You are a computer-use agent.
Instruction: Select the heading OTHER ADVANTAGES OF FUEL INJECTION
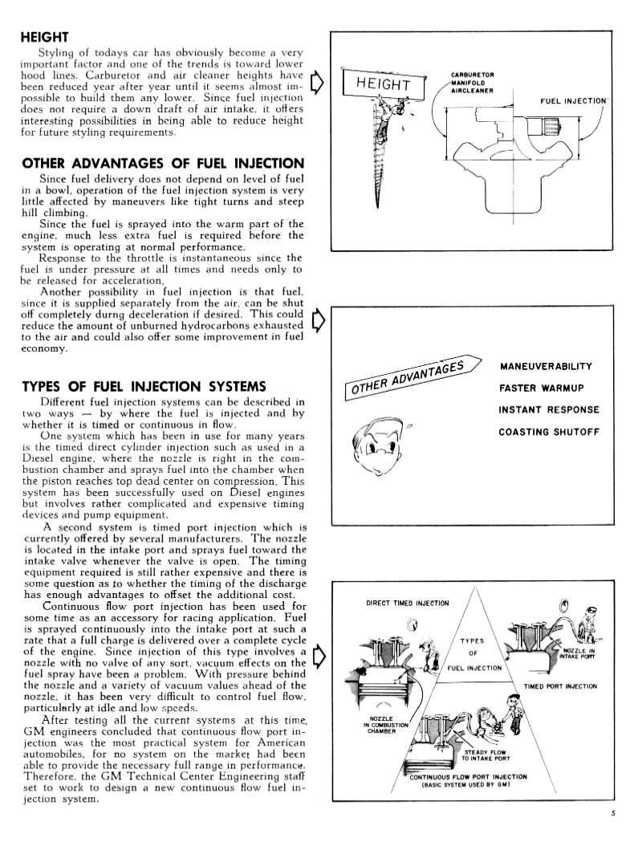(x=162, y=164)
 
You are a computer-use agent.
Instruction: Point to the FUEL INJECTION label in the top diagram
(x=571, y=101)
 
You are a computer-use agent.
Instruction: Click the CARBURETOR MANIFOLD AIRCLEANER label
(x=473, y=82)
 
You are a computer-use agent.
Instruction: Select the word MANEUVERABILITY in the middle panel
(x=546, y=366)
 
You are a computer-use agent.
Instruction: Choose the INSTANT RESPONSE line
(x=548, y=409)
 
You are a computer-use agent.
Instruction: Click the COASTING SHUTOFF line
(x=549, y=431)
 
